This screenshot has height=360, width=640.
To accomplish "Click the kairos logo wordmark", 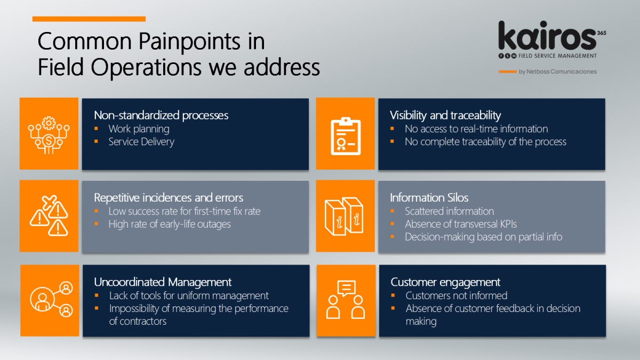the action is [x=547, y=35].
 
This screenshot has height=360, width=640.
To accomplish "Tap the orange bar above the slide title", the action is [x=89, y=19].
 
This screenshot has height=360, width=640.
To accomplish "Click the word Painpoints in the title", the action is [x=189, y=42].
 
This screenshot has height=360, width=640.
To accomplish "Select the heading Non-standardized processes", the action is [x=161, y=115].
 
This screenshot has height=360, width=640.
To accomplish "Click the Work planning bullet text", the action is [x=139, y=129].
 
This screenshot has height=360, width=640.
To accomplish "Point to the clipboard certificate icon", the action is [x=346, y=136].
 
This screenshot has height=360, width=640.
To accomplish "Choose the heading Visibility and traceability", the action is [x=445, y=115].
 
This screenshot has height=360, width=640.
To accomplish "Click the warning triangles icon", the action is [x=49, y=215].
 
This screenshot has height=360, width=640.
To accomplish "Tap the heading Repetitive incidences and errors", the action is [x=169, y=197].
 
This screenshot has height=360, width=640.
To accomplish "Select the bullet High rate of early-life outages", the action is [x=170, y=225].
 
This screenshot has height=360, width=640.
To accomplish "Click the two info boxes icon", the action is [x=344, y=217].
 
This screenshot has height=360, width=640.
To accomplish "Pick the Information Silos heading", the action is [x=429, y=197].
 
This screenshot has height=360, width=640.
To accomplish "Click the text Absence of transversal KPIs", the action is [x=461, y=225].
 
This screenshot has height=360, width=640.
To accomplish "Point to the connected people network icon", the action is [x=51, y=299].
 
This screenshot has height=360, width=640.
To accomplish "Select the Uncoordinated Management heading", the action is [x=163, y=282].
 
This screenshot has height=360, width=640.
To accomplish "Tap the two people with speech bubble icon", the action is [x=346, y=299].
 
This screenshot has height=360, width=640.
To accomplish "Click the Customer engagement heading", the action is [x=445, y=282].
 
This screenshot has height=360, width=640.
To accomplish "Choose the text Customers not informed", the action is [x=457, y=295].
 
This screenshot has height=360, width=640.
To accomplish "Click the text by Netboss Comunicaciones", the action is [x=558, y=71].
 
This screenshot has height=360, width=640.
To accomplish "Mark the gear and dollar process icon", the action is [x=49, y=135].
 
